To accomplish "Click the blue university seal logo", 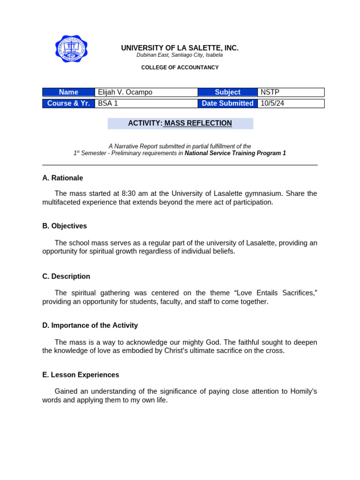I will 71,49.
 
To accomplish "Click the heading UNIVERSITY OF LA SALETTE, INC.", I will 180,48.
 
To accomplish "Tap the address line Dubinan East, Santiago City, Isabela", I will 180,55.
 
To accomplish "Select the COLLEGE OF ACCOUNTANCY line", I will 180,67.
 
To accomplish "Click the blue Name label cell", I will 68,92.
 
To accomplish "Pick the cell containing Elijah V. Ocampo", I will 146,92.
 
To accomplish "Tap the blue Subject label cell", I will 227,92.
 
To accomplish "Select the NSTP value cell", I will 291,92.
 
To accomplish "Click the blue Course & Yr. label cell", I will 68,104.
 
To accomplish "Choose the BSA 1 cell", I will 146,104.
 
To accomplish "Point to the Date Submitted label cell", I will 227,104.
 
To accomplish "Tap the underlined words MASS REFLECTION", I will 198,123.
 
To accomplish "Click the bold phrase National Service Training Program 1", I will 235,153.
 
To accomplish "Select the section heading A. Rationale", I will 62,178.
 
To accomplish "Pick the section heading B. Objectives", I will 64,226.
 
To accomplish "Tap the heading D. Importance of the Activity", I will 90,325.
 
